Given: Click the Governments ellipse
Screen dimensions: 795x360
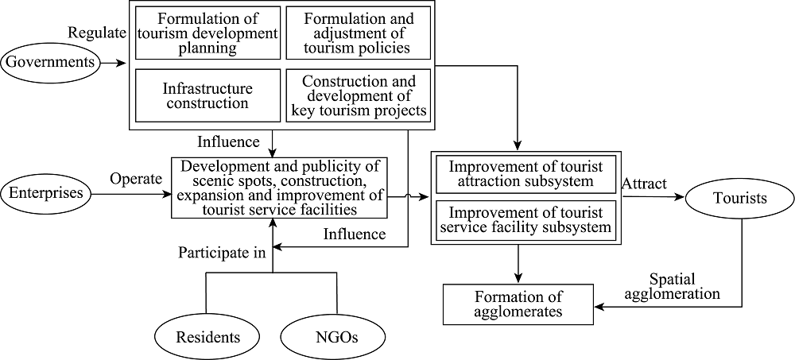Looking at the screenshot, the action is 52,63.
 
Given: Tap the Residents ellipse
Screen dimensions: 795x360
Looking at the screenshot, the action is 207,337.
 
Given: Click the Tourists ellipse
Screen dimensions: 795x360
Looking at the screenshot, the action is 739,199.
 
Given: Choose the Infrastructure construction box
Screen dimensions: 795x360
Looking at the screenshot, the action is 207,96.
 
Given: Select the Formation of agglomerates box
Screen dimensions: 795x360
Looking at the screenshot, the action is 518,304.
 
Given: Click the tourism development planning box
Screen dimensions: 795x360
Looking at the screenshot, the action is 207,33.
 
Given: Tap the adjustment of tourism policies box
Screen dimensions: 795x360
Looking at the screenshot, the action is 359,33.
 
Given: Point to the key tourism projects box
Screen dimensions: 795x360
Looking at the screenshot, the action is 359,96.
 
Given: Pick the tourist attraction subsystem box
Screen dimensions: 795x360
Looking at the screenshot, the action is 525,174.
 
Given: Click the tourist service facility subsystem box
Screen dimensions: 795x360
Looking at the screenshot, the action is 525,220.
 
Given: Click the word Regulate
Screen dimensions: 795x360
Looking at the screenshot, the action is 97,33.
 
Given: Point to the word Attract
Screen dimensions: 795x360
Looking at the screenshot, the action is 643,184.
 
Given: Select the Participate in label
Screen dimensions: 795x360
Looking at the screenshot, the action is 222,253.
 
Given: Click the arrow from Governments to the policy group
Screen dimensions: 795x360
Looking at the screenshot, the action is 114,64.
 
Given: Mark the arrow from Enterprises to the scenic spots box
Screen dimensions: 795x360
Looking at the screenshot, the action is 132,194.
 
